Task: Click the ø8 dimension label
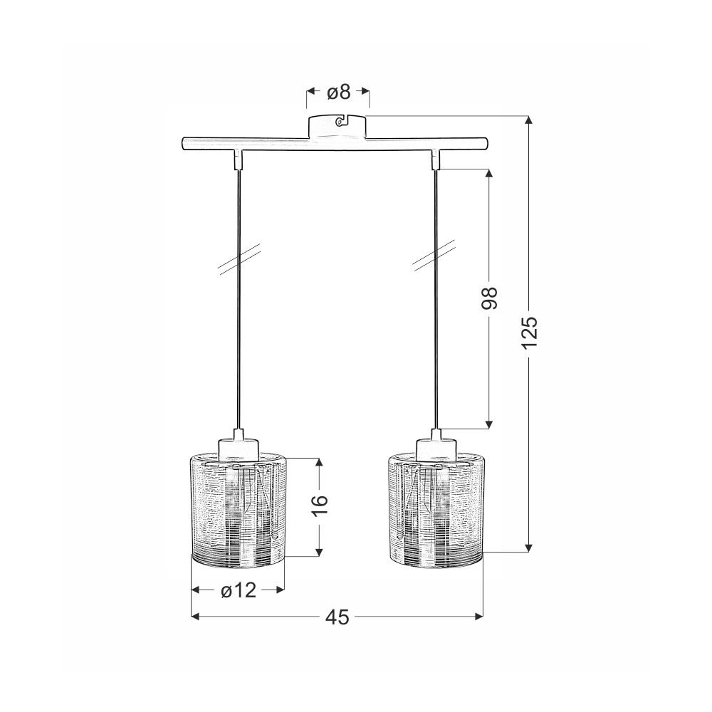[x=339, y=92]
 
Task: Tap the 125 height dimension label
[x=530, y=333]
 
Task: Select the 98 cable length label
[x=489, y=298]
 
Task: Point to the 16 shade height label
[x=319, y=506]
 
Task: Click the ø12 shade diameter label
[x=239, y=590]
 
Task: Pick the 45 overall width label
[x=337, y=617]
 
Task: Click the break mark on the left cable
[x=239, y=260]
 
